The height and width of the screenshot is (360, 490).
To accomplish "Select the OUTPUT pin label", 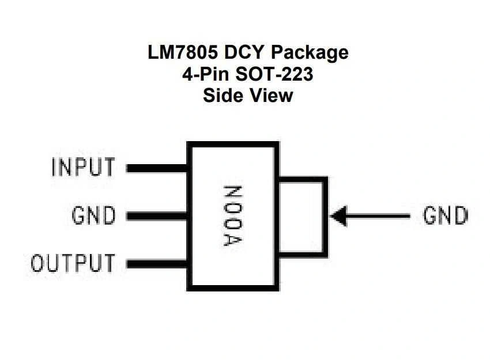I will point(73,263).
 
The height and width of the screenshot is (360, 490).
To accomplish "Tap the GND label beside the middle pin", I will point(93,216).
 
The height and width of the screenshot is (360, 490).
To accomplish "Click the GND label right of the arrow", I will point(445,216).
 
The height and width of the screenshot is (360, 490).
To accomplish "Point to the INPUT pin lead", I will point(157,168).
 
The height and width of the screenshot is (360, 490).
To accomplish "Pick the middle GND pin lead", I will point(157,216).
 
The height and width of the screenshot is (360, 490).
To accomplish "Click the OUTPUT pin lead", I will point(157,264).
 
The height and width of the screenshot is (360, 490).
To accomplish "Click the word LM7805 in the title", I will point(182,52).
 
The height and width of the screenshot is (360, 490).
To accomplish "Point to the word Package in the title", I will point(310,53).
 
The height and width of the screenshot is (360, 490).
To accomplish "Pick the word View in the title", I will point(271,95).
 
